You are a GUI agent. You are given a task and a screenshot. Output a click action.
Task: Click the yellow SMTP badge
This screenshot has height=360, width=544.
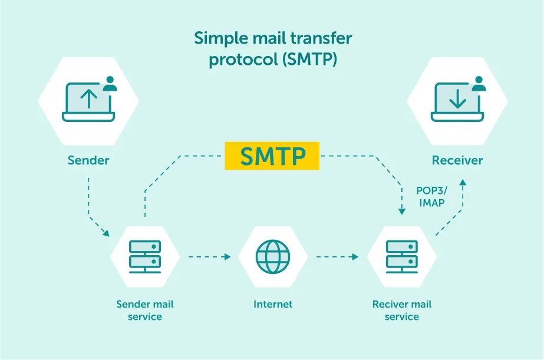point(272,156)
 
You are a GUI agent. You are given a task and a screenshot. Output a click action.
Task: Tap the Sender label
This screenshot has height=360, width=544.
point(88,160)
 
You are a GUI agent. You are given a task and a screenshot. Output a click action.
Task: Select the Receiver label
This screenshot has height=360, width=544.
point(457,160)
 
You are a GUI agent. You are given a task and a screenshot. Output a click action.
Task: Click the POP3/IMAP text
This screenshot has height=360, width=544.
point(432,197)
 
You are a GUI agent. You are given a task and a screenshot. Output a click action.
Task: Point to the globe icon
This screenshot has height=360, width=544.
point(272,256)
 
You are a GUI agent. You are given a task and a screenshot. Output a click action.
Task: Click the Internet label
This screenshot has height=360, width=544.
point(273,305)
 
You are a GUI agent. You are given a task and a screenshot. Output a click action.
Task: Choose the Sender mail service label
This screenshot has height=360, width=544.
point(145,311)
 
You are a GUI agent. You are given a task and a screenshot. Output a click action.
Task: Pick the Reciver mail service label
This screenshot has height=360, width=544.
point(402,311)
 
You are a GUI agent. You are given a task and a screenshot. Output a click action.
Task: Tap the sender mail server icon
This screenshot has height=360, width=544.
point(145,256)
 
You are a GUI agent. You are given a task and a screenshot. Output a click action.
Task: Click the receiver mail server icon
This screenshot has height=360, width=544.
point(402,256)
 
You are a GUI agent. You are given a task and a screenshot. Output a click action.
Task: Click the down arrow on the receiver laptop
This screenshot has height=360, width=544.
point(457,98)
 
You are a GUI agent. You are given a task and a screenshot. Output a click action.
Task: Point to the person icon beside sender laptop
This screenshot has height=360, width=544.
point(110,84)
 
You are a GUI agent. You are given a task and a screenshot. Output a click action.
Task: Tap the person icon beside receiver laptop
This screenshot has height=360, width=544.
point(479,84)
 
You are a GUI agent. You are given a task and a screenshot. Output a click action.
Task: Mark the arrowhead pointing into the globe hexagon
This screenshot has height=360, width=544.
point(228,257)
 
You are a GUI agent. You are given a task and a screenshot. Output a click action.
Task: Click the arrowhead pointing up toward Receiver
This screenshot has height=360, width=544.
point(463,184)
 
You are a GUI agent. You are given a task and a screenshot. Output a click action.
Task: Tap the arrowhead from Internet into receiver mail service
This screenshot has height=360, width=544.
point(355,257)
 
